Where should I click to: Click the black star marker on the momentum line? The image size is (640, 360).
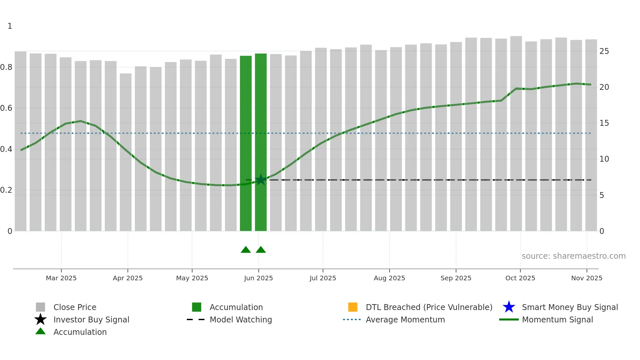pos(261,180)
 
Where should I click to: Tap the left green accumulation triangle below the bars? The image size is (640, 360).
pos(246,250)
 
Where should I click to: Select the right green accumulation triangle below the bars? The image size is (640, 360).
pos(261,250)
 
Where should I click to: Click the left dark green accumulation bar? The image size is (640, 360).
pos(246,144)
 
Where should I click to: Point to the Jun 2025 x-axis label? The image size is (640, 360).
pos(258,278)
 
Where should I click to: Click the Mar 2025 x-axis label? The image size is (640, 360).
pos(61,278)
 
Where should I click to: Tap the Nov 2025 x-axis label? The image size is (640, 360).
pos(586,278)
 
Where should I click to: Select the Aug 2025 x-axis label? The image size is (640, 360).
pos(389,278)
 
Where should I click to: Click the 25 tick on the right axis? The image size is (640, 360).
pos(604,51)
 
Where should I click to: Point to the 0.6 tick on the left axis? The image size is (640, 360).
pos(7,108)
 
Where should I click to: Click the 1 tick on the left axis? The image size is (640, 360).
pos(10,26)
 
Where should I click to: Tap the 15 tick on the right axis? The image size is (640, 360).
pos(604,123)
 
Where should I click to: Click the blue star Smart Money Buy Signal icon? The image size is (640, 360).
pos(509,307)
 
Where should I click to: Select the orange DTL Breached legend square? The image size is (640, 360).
pos(353,307)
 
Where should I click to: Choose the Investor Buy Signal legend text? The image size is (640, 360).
pos(91,319)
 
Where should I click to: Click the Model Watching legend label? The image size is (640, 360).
pos(241,319)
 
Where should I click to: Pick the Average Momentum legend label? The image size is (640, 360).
pos(405,319)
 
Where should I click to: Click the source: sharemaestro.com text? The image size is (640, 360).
pos(573,256)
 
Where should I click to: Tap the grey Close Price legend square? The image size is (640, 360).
pos(40,307)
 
